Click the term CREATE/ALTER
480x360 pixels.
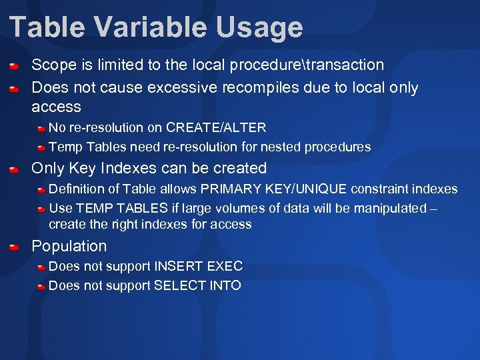[x=216, y=127]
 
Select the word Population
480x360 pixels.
[x=69, y=246]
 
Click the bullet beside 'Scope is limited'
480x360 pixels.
[x=14, y=66]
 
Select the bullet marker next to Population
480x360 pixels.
[x=14, y=247]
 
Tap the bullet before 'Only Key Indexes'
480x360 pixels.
[x=14, y=169]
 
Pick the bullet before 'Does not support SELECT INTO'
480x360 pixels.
[x=41, y=286]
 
